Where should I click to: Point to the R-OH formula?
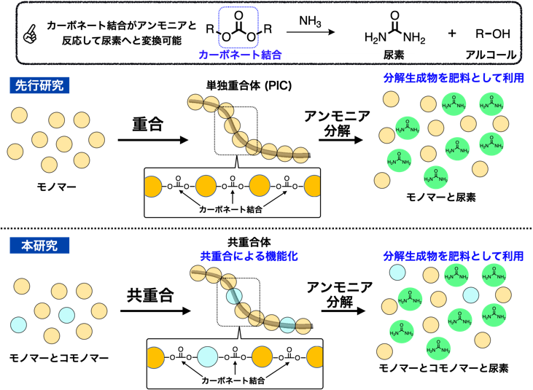pos(493,33)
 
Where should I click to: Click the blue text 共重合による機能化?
pos(244,256)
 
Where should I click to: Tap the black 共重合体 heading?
pos(244,243)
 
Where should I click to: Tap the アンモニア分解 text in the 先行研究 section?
pos(337,123)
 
